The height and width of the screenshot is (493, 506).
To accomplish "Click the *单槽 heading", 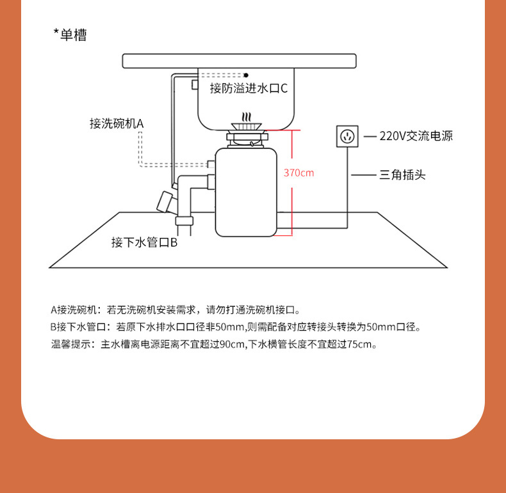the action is tap(70, 35).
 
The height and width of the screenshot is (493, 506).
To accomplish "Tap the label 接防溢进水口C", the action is tap(249, 88).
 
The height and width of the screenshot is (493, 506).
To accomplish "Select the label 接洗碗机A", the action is tap(117, 123).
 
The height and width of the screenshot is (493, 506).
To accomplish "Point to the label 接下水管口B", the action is tap(143, 242).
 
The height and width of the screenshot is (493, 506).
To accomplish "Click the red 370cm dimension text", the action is tap(298, 173).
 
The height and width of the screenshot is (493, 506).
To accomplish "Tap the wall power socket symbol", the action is tap(348, 136).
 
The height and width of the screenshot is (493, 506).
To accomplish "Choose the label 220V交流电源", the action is tap(416, 136).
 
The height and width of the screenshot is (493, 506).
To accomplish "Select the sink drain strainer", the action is tap(246, 120).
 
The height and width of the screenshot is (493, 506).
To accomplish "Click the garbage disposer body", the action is tap(246, 192).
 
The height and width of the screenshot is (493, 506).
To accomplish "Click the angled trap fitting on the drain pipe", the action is tap(165, 200).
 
